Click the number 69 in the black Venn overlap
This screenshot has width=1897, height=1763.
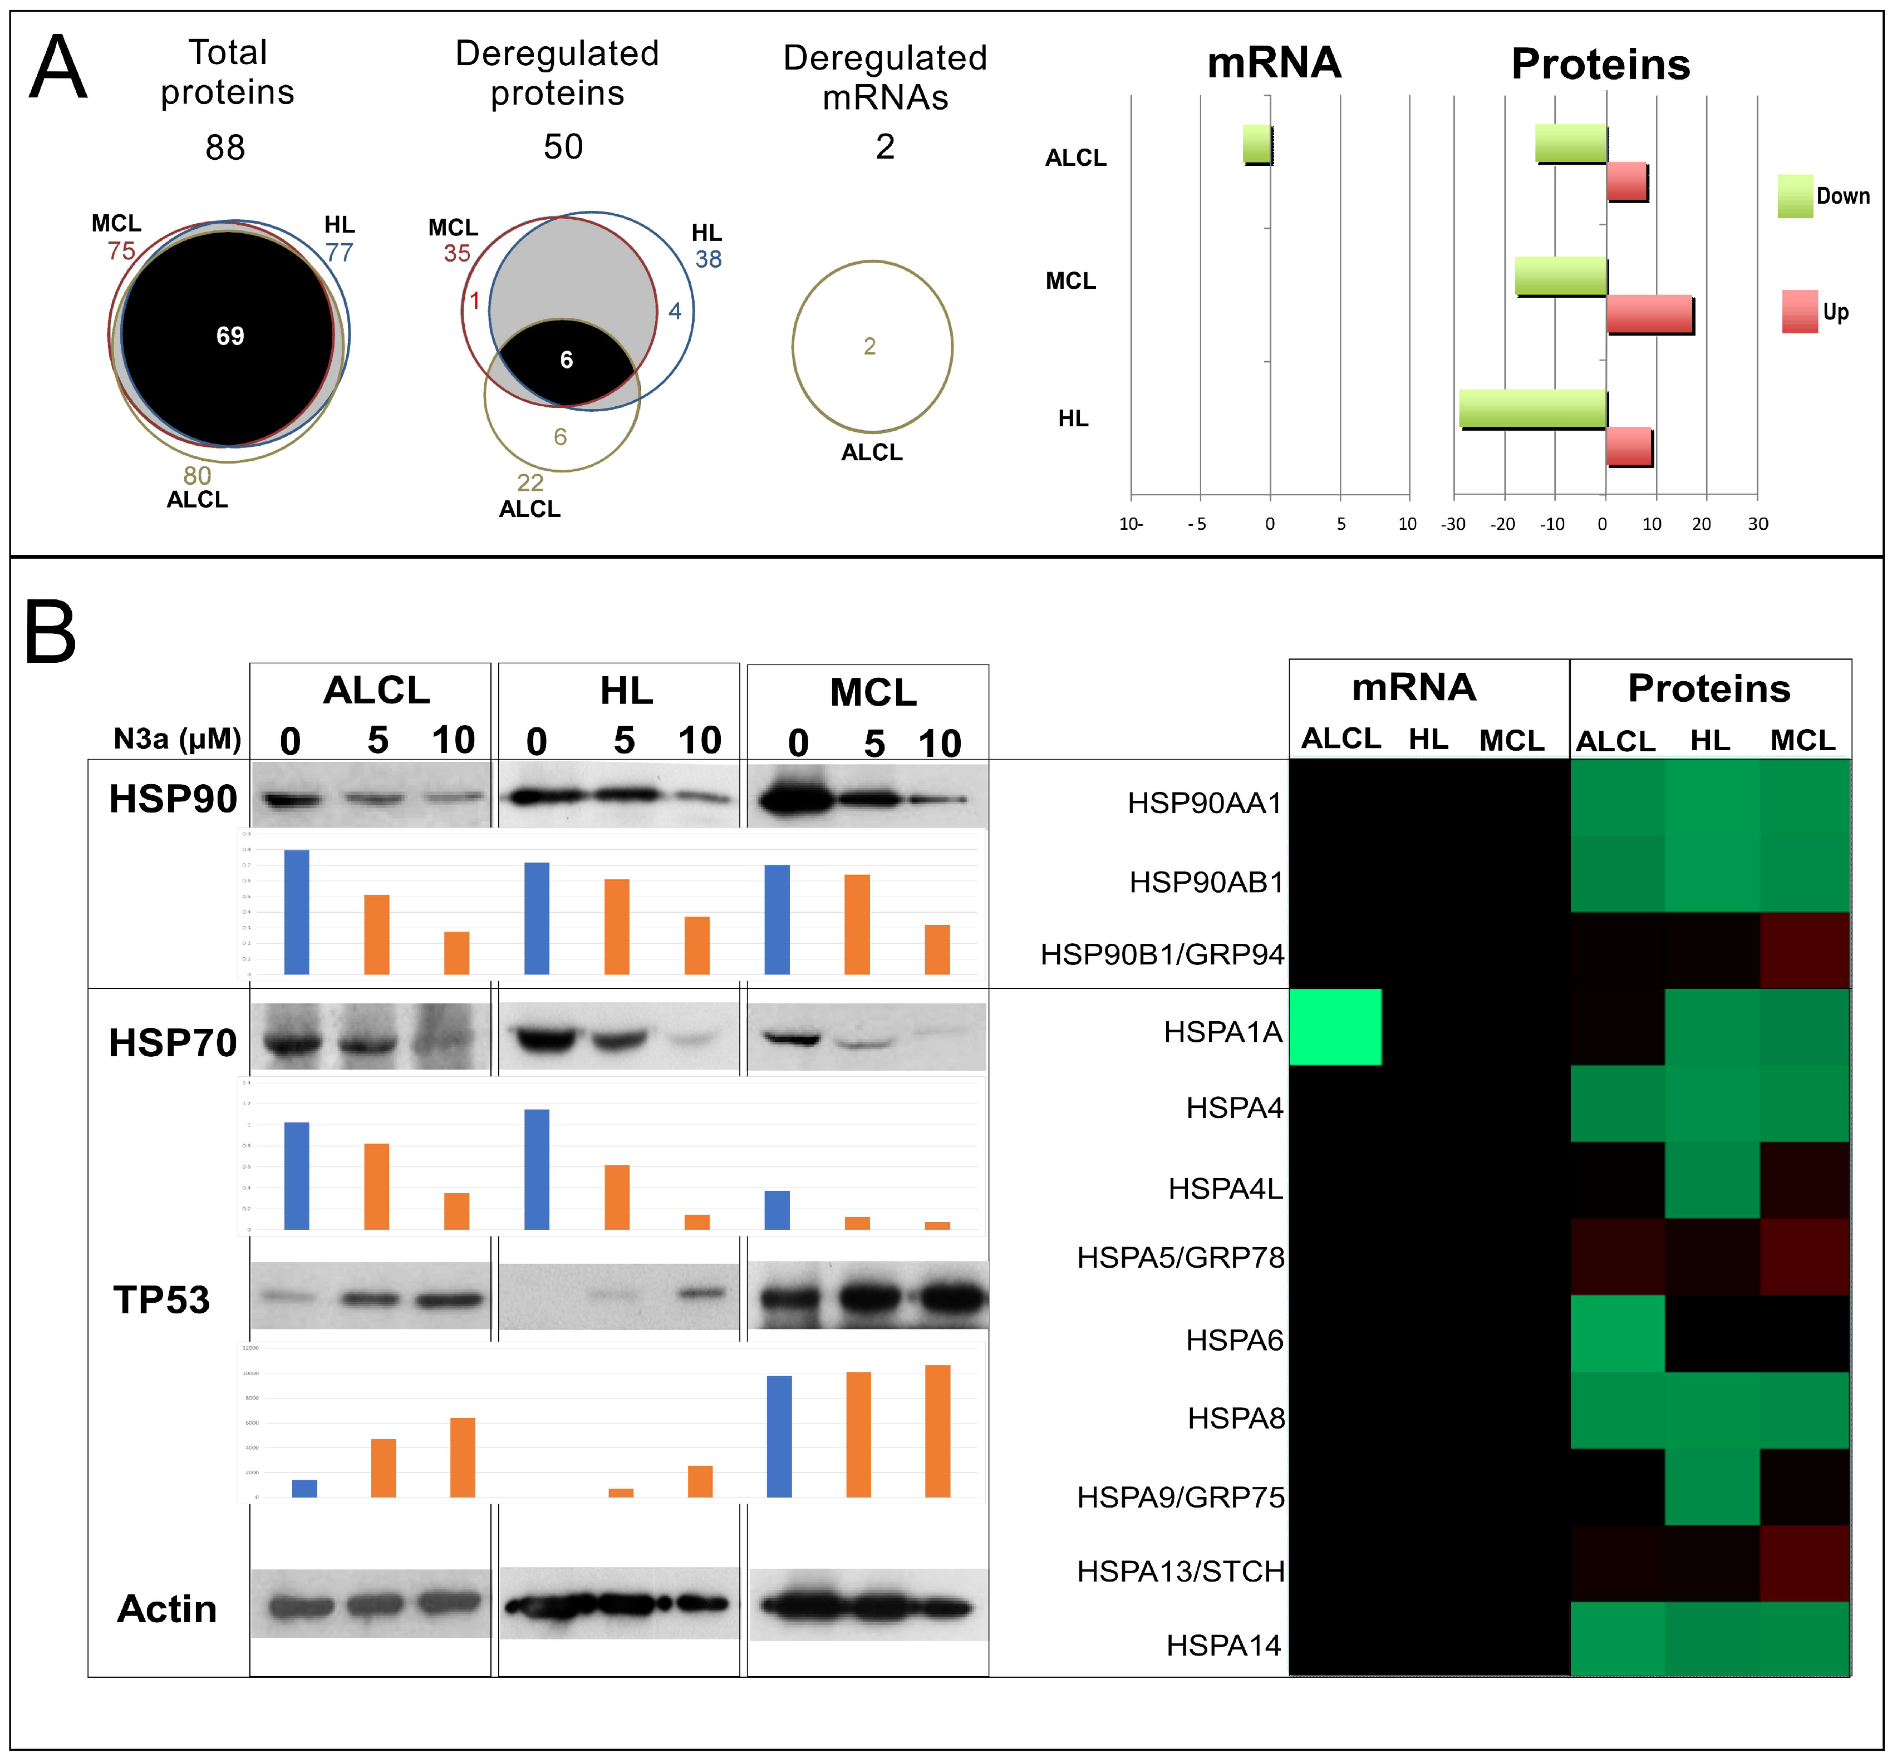[230, 336]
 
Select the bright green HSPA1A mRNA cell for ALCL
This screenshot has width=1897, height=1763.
[1335, 1027]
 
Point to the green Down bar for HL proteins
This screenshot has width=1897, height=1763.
[1532, 408]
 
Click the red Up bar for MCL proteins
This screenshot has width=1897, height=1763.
[1650, 314]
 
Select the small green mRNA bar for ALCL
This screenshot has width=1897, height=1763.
[1257, 144]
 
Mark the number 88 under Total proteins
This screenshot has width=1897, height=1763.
[225, 148]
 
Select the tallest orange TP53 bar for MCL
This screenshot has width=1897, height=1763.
[937, 1430]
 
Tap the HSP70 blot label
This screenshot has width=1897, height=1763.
[173, 1043]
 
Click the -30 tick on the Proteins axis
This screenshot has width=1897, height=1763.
[1453, 524]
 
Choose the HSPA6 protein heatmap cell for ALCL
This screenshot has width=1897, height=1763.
[1618, 1333]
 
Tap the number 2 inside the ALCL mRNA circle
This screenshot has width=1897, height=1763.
[869, 346]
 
